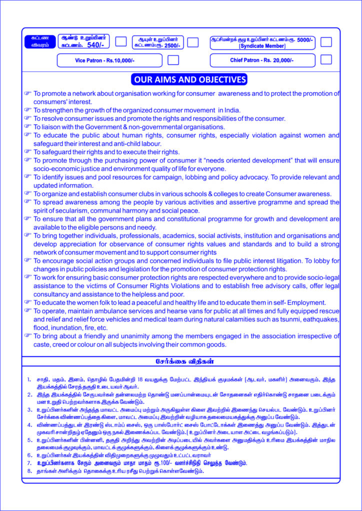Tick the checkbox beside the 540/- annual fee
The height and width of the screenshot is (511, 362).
121,41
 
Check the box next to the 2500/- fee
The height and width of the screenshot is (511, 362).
193,42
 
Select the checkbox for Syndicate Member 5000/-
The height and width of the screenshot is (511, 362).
326,42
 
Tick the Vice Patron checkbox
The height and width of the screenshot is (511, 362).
173,60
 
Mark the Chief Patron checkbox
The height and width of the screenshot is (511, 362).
326,59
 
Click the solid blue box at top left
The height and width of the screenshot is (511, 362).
38,42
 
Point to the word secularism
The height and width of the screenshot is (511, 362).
62,211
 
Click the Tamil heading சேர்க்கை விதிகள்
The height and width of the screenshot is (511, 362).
181,360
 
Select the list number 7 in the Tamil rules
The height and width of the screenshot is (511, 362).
29,463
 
